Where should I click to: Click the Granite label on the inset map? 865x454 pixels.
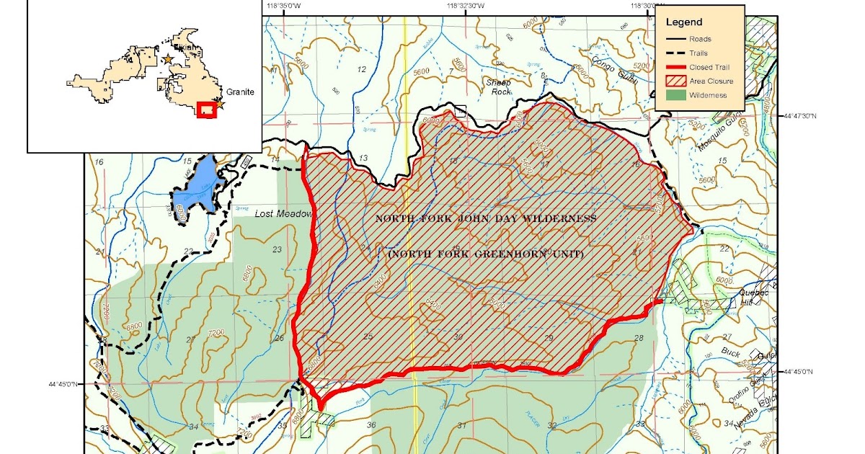coord(240,93)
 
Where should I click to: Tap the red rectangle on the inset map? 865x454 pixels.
coord(207,110)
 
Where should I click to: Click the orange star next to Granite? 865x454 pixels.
coord(221,104)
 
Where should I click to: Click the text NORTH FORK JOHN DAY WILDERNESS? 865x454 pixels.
coord(486,218)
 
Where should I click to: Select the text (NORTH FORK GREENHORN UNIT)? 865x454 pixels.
coord(486,254)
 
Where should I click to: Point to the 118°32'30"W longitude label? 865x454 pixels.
coord(464,6)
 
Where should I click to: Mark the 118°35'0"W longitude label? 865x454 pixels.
coord(283,6)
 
